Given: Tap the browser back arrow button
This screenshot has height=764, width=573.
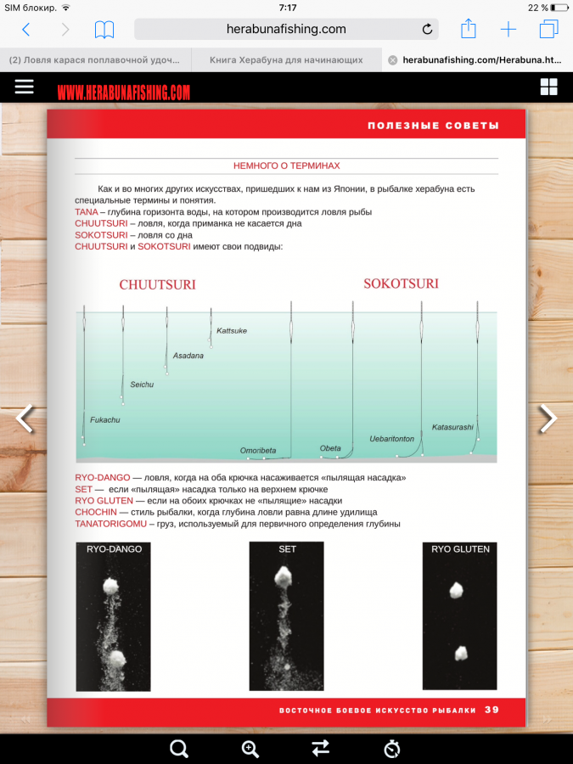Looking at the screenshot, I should coord(25,30).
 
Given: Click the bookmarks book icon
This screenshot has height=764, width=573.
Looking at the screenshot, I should coord(104,30).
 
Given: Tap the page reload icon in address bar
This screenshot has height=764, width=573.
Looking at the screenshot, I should coord(427,30).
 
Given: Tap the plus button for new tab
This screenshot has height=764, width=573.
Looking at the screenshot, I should coord(508,30).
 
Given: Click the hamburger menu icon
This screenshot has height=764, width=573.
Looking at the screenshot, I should coord(24,87).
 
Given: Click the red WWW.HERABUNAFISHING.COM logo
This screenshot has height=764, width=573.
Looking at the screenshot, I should coord(124,92).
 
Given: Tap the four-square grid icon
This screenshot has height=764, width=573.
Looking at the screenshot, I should coord(548,87).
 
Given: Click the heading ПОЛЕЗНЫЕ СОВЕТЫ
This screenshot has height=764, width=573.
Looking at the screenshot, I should coord(433,125).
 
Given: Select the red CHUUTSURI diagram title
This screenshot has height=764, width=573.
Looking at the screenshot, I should coord(157,285).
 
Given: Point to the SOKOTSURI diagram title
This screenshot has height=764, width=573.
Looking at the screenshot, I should coord(401,284).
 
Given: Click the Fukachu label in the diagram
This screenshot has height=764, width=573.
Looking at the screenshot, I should coord(105,419).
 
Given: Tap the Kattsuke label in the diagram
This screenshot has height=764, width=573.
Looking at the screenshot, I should coord(232,331).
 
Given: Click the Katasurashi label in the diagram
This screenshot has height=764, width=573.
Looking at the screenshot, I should coord(452,427).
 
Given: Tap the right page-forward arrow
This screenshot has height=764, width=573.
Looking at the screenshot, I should coord(548,419).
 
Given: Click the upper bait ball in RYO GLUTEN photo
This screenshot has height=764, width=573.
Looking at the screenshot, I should coord(457,589).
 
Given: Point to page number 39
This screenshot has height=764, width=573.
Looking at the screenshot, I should coord(492,710).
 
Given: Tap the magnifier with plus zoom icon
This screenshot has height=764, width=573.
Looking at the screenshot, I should coord(250,748).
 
